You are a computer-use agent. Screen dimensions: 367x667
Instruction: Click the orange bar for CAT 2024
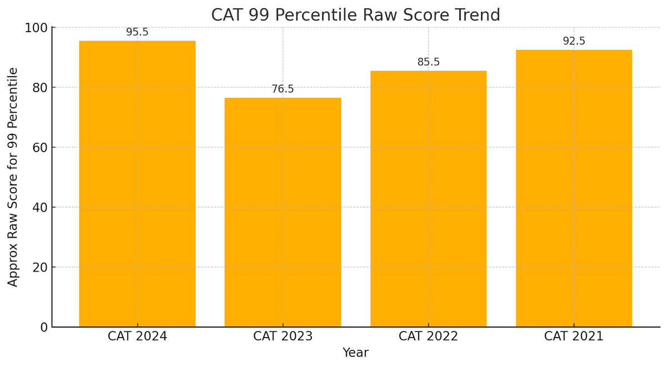point(137,183)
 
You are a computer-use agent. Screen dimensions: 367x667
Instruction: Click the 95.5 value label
point(137,32)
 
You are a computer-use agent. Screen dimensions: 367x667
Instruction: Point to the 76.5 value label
point(282,89)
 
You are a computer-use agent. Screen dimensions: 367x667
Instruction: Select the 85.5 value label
point(428,62)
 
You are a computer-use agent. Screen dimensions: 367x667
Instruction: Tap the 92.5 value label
point(574,41)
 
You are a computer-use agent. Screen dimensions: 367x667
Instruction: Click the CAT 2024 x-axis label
point(137,336)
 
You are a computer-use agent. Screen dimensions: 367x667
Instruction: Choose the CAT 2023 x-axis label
point(282,336)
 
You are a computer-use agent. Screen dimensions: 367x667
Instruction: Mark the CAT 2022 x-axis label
point(428,336)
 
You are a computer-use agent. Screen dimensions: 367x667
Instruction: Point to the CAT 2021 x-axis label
point(574,336)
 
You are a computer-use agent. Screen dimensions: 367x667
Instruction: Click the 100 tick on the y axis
point(36,28)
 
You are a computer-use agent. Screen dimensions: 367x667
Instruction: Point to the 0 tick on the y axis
point(43,328)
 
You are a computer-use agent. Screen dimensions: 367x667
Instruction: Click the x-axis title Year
point(355,353)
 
